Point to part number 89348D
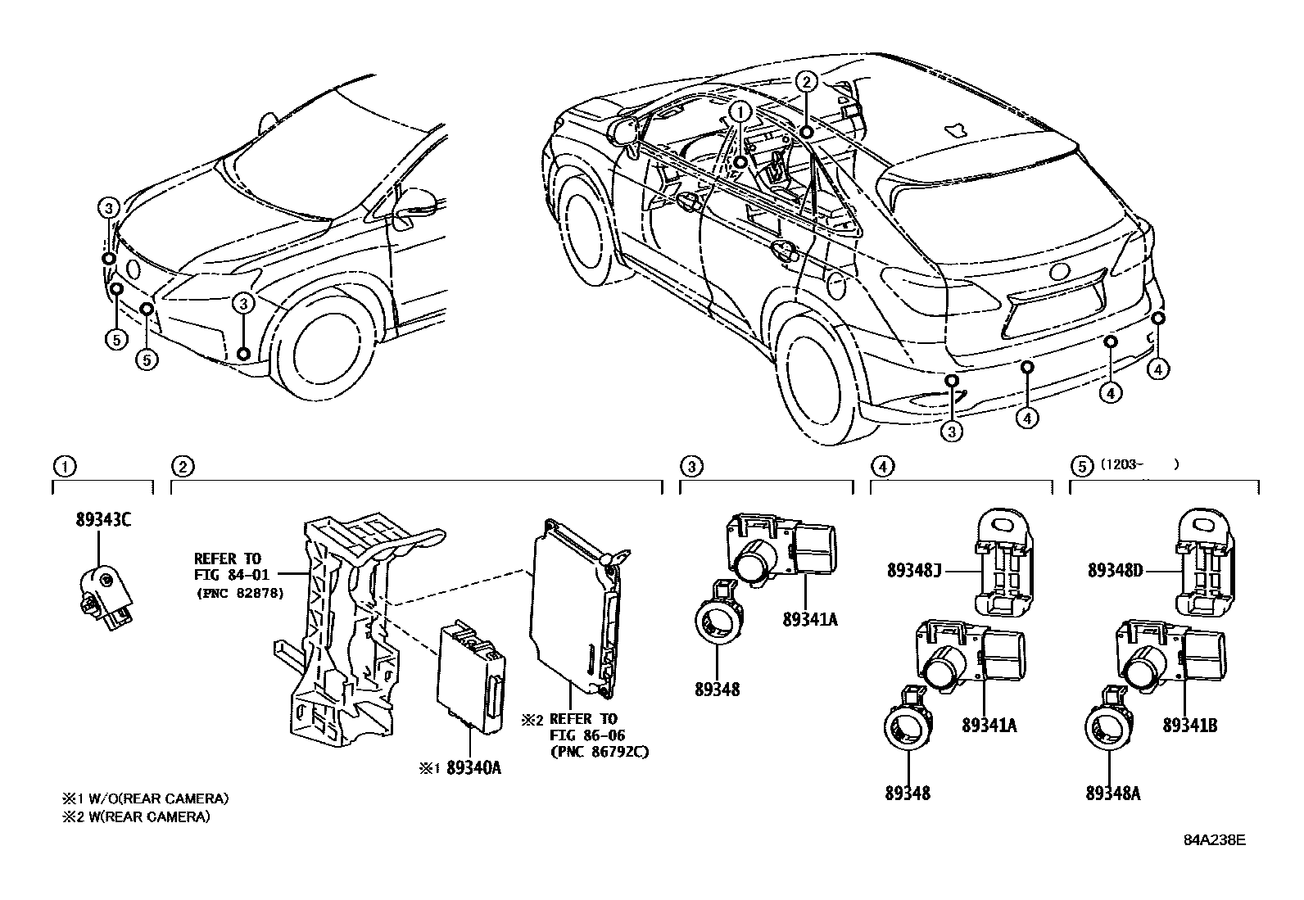tap(1115, 570)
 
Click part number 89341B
tap(1189, 725)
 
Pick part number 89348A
tap(1113, 793)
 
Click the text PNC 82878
tap(239, 593)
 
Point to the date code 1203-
tap(1124, 464)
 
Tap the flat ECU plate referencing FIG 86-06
tap(573, 606)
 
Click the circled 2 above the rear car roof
tap(806, 80)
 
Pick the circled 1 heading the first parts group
tap(64, 467)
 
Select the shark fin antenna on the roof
tap(954, 129)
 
